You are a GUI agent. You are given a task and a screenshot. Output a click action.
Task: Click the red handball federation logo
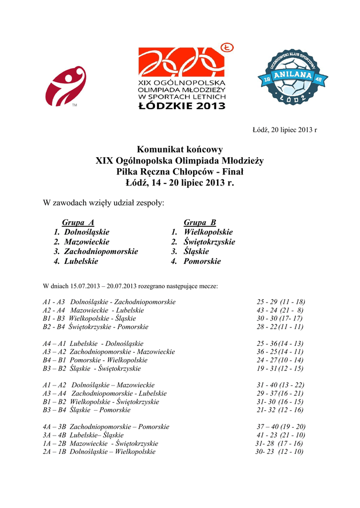[x=65, y=86]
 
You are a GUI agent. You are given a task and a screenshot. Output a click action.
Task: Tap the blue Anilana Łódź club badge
[x=288, y=76]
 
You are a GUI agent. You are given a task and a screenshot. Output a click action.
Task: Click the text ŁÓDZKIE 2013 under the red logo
[x=182, y=105]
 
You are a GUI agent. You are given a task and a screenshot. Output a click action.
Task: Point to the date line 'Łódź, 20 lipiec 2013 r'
[x=285, y=130]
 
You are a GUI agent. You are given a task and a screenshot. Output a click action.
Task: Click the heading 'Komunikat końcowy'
[x=180, y=149]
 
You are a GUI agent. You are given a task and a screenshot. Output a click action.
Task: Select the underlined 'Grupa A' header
[x=78, y=223]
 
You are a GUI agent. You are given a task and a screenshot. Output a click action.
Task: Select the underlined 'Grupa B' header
[x=200, y=223]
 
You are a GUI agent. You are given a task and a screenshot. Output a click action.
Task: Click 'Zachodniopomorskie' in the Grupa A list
[x=101, y=252]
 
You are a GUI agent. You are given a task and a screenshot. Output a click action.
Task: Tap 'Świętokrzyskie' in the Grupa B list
[x=209, y=242]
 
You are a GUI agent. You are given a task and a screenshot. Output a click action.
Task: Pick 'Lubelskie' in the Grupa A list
[x=81, y=261]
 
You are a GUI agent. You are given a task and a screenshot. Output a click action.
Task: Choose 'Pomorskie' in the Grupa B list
[x=202, y=261]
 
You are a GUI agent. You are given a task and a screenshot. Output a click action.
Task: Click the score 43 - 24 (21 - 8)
[x=280, y=311]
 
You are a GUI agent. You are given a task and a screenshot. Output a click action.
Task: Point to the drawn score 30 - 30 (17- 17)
[x=280, y=318]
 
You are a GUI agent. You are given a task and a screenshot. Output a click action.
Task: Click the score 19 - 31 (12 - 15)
[x=280, y=369]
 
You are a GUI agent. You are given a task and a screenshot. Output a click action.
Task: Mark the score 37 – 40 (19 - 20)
[x=281, y=427]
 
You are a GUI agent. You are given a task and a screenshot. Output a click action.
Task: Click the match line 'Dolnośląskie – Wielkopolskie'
[x=112, y=452]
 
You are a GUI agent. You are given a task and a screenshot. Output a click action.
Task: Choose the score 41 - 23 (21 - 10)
[x=281, y=435]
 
